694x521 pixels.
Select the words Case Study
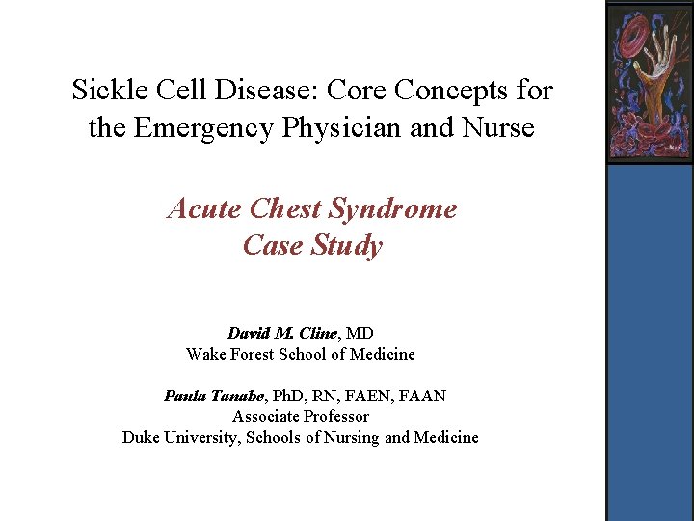(312, 245)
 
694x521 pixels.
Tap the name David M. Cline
(282, 334)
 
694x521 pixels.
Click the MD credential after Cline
(360, 334)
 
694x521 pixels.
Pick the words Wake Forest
(230, 354)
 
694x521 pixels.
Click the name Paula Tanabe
(216, 397)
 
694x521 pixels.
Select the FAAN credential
(422, 397)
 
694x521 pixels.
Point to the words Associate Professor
(301, 417)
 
